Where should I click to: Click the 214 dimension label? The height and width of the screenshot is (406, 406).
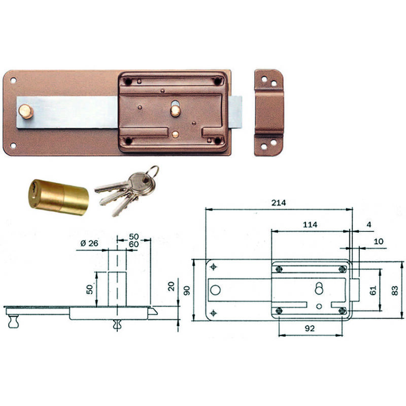[x=279, y=202]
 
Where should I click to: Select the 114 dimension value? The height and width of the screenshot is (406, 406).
[x=310, y=224]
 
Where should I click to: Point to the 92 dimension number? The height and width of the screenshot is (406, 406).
[x=310, y=328]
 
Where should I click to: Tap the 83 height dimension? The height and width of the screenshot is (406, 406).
[x=395, y=290]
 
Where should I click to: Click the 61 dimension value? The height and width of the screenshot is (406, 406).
[x=373, y=290]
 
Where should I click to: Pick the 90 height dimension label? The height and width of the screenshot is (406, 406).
[x=187, y=290]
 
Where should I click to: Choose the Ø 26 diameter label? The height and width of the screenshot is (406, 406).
[x=89, y=244]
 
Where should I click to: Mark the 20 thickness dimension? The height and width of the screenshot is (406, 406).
[x=171, y=286]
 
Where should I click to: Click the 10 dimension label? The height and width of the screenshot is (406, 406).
[x=378, y=242]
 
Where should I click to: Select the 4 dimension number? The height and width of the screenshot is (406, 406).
[x=369, y=224]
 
